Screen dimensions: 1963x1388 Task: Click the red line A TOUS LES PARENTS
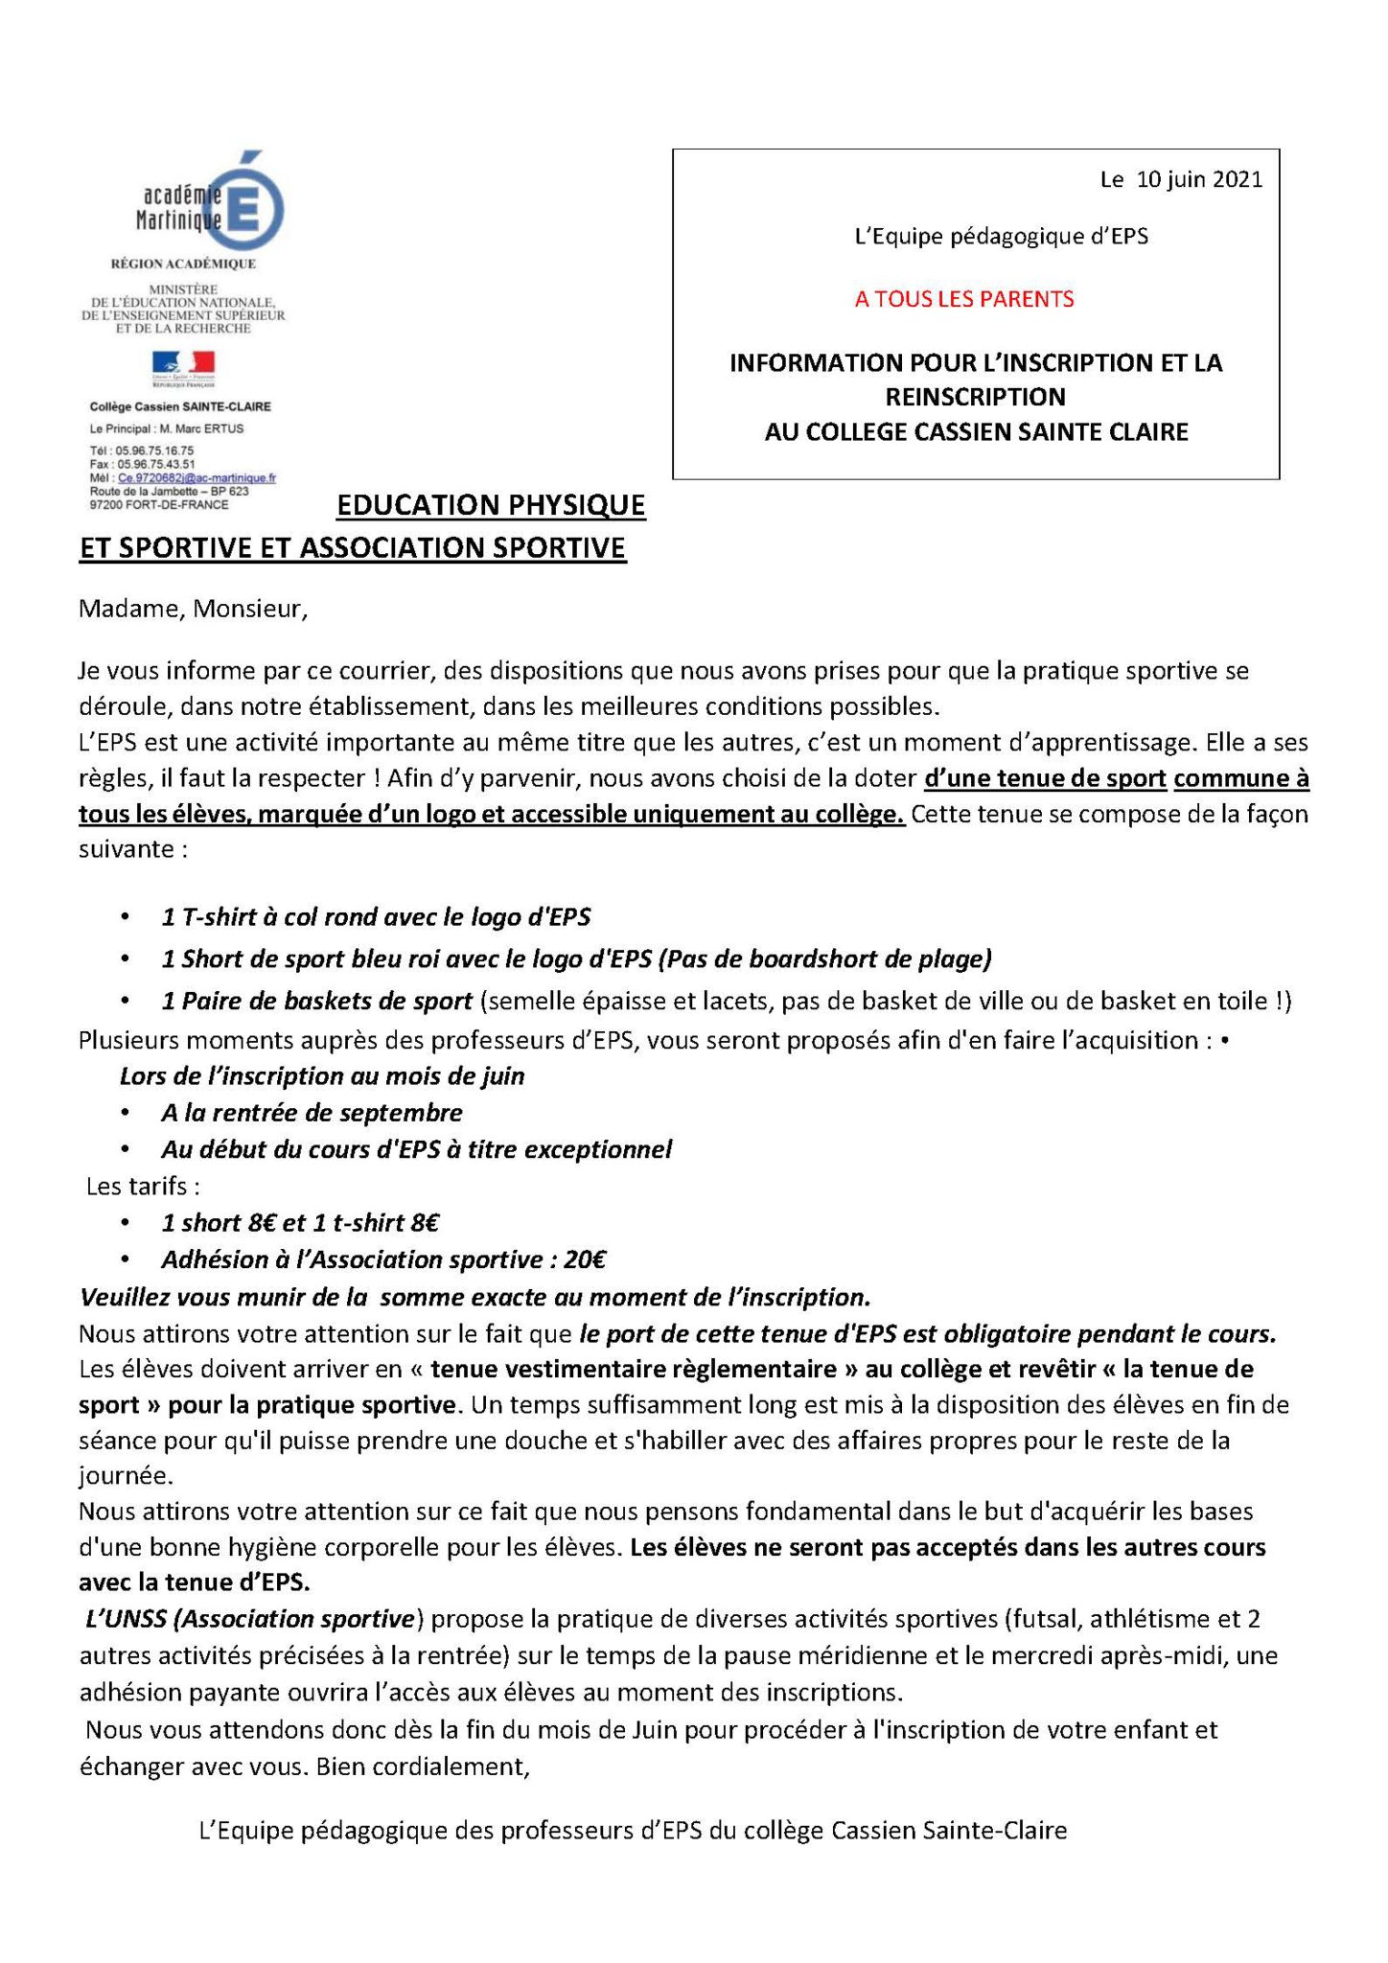[964, 299]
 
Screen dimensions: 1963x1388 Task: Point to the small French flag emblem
[182, 364]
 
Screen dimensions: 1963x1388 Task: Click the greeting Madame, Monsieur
[193, 610]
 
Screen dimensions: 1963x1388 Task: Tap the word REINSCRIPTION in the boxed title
[975, 397]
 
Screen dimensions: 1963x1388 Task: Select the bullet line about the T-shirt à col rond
[376, 917]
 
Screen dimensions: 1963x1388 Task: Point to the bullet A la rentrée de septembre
[312, 1113]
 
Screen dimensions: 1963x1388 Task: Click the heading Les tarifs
[143, 1187]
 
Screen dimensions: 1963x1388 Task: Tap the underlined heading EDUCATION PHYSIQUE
[491, 505]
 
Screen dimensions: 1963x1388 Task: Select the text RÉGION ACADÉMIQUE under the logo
[184, 264]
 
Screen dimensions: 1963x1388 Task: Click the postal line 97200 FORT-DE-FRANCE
[159, 504]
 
